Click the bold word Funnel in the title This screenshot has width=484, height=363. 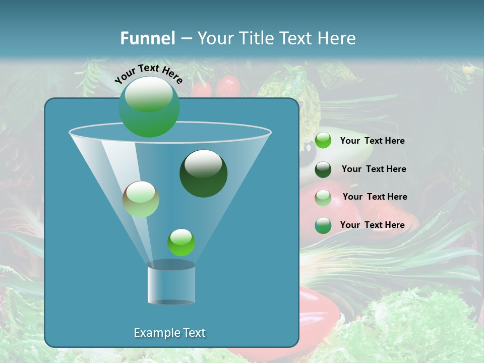point(148,38)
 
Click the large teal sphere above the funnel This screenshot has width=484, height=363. point(149,106)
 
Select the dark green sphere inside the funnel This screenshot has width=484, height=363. point(203,173)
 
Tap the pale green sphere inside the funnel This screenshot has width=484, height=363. point(141,199)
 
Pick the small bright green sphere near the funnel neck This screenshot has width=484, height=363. point(181,242)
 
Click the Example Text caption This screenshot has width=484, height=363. point(169,333)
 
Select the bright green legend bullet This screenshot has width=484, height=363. point(323,141)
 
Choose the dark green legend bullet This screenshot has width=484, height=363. point(323,169)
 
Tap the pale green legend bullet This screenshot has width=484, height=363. point(323,197)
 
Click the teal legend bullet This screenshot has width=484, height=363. point(323,225)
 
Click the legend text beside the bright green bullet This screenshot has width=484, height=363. point(372,141)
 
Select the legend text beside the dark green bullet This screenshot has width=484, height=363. point(374,169)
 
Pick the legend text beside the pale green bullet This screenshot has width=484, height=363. point(375,197)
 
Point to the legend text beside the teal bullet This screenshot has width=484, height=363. point(372,225)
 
